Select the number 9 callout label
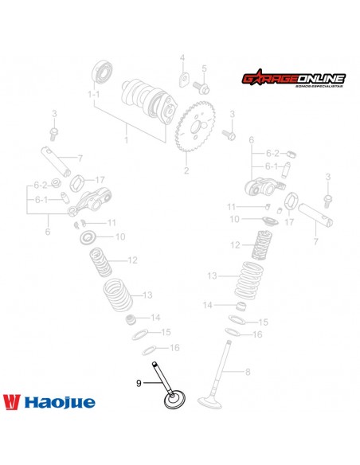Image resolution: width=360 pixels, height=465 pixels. pyautogui.click(x=139, y=383)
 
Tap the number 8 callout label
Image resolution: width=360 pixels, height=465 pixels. pyautogui.click(x=248, y=372)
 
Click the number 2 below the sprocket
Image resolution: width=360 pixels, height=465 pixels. pyautogui.click(x=186, y=170)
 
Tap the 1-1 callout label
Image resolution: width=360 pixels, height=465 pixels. pyautogui.click(x=94, y=94)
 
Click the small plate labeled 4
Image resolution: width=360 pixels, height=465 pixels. pyautogui.click(x=183, y=80)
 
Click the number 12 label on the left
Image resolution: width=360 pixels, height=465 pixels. pyautogui.click(x=132, y=260)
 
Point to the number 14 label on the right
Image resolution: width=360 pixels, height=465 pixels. pyautogui.click(x=206, y=305)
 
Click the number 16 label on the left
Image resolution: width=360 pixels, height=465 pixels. pyautogui.click(x=175, y=347)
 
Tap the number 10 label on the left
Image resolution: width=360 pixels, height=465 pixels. pyautogui.click(x=120, y=236)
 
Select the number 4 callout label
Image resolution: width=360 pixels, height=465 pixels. pyautogui.click(x=182, y=57)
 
